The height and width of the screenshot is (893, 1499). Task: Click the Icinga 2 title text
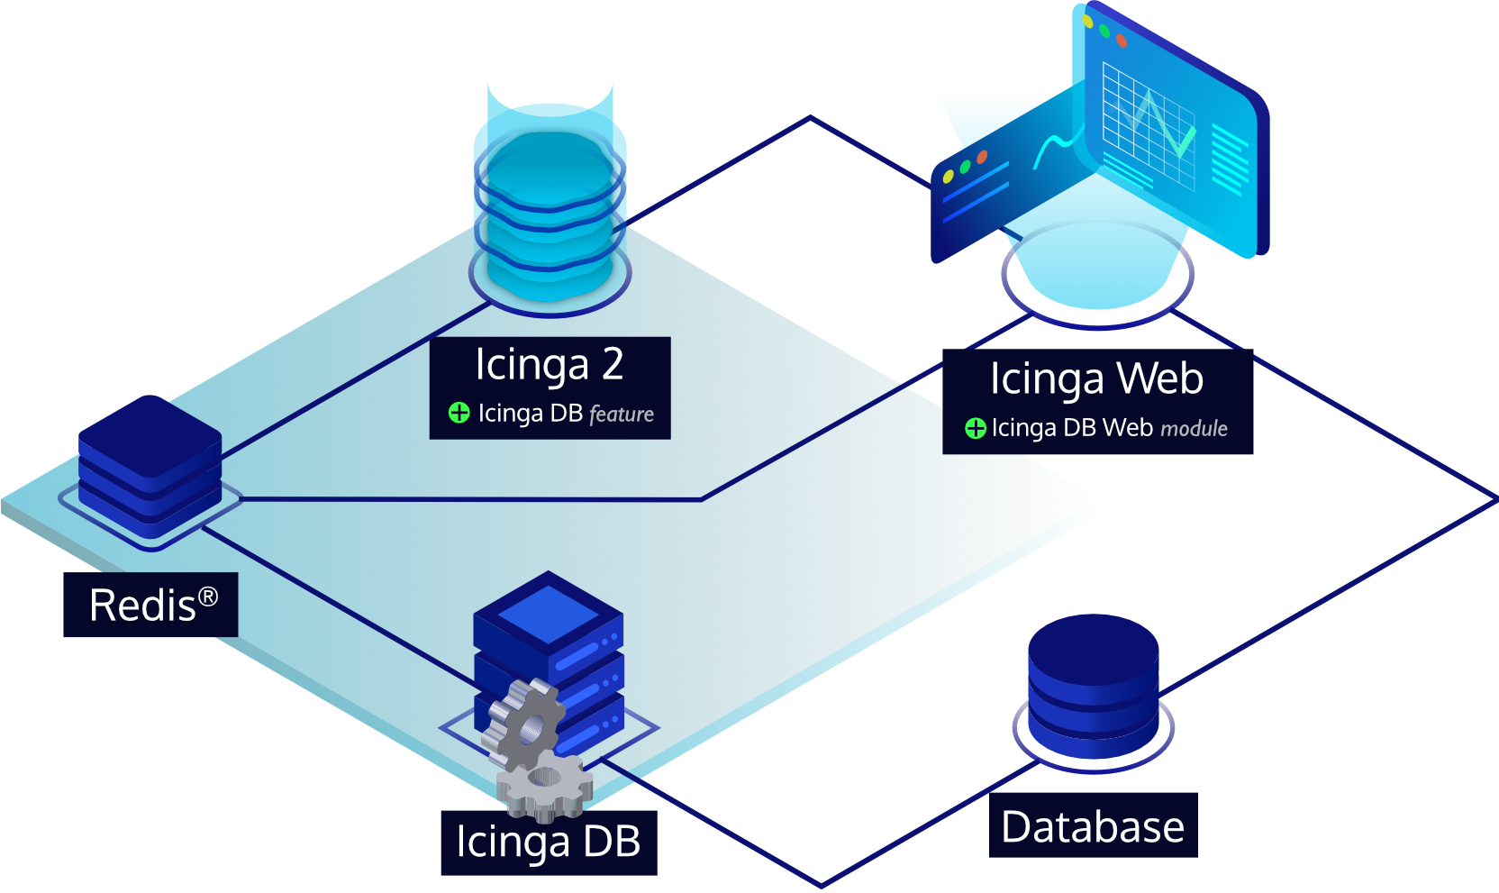(549, 365)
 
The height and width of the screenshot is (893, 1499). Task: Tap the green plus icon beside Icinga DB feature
(459, 413)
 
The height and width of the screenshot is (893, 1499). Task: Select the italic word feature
(622, 415)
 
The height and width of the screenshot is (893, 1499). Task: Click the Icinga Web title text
(1096, 378)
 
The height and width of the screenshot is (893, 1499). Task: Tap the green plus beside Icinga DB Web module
(975, 428)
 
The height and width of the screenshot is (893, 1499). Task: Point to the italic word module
(1194, 429)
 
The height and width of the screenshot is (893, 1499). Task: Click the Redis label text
(142, 606)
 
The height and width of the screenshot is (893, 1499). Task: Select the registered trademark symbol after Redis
(208, 597)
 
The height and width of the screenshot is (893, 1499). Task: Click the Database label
(1093, 826)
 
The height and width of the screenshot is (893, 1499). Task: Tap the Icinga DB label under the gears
(548, 842)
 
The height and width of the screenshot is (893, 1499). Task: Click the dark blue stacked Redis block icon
(150, 460)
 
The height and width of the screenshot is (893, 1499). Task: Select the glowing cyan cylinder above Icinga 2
(550, 216)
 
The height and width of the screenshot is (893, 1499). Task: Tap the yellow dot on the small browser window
(948, 177)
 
